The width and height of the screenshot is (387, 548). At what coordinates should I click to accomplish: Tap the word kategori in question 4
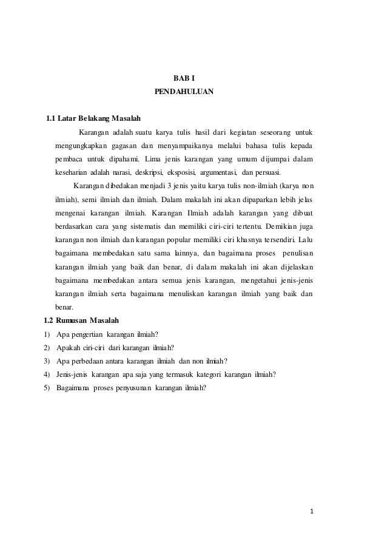click(x=206, y=374)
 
